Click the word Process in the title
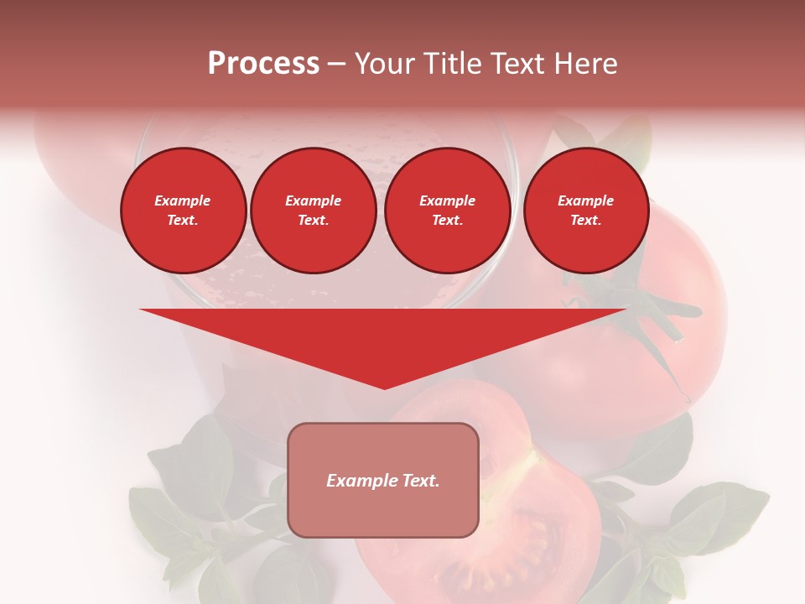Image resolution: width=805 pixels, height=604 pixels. (263, 64)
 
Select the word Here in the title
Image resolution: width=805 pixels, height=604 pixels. (587, 64)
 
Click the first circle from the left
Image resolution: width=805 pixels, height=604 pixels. (183, 211)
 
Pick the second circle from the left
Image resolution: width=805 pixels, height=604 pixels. (313, 211)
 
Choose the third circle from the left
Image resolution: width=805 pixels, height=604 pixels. (447, 211)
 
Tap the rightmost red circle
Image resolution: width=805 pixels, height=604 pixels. (585, 211)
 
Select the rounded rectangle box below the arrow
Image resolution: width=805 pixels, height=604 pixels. (383, 512)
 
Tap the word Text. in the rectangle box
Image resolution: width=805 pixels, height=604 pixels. (419, 481)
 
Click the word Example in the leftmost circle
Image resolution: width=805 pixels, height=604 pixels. (183, 201)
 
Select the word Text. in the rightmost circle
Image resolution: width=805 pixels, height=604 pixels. (585, 221)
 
